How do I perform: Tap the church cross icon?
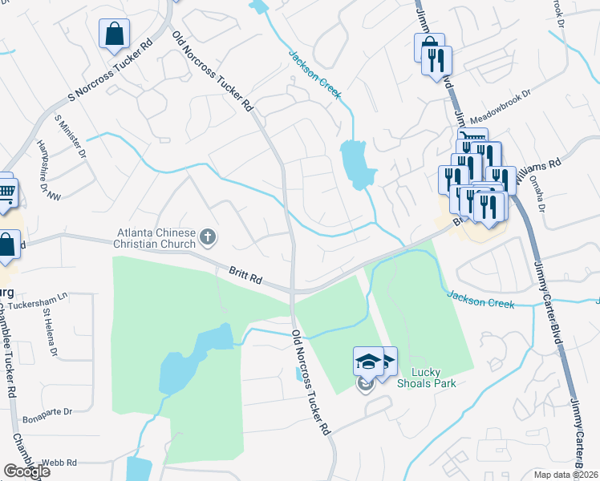(x=208, y=236)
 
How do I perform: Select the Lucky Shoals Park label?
(x=433, y=378)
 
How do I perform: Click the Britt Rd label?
(x=245, y=278)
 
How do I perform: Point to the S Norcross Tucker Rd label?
(x=110, y=72)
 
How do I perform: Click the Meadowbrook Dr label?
(x=501, y=105)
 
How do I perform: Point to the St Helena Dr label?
(x=50, y=338)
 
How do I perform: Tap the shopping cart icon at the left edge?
(x=5, y=191)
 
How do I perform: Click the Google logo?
(x=26, y=471)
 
